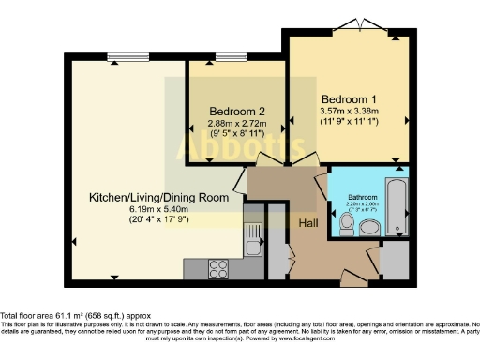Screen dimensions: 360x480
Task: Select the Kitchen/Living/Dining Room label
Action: [145, 198]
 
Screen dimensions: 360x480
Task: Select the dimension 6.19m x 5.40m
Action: [145, 209]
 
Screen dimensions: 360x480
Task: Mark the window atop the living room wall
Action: [121, 52]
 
